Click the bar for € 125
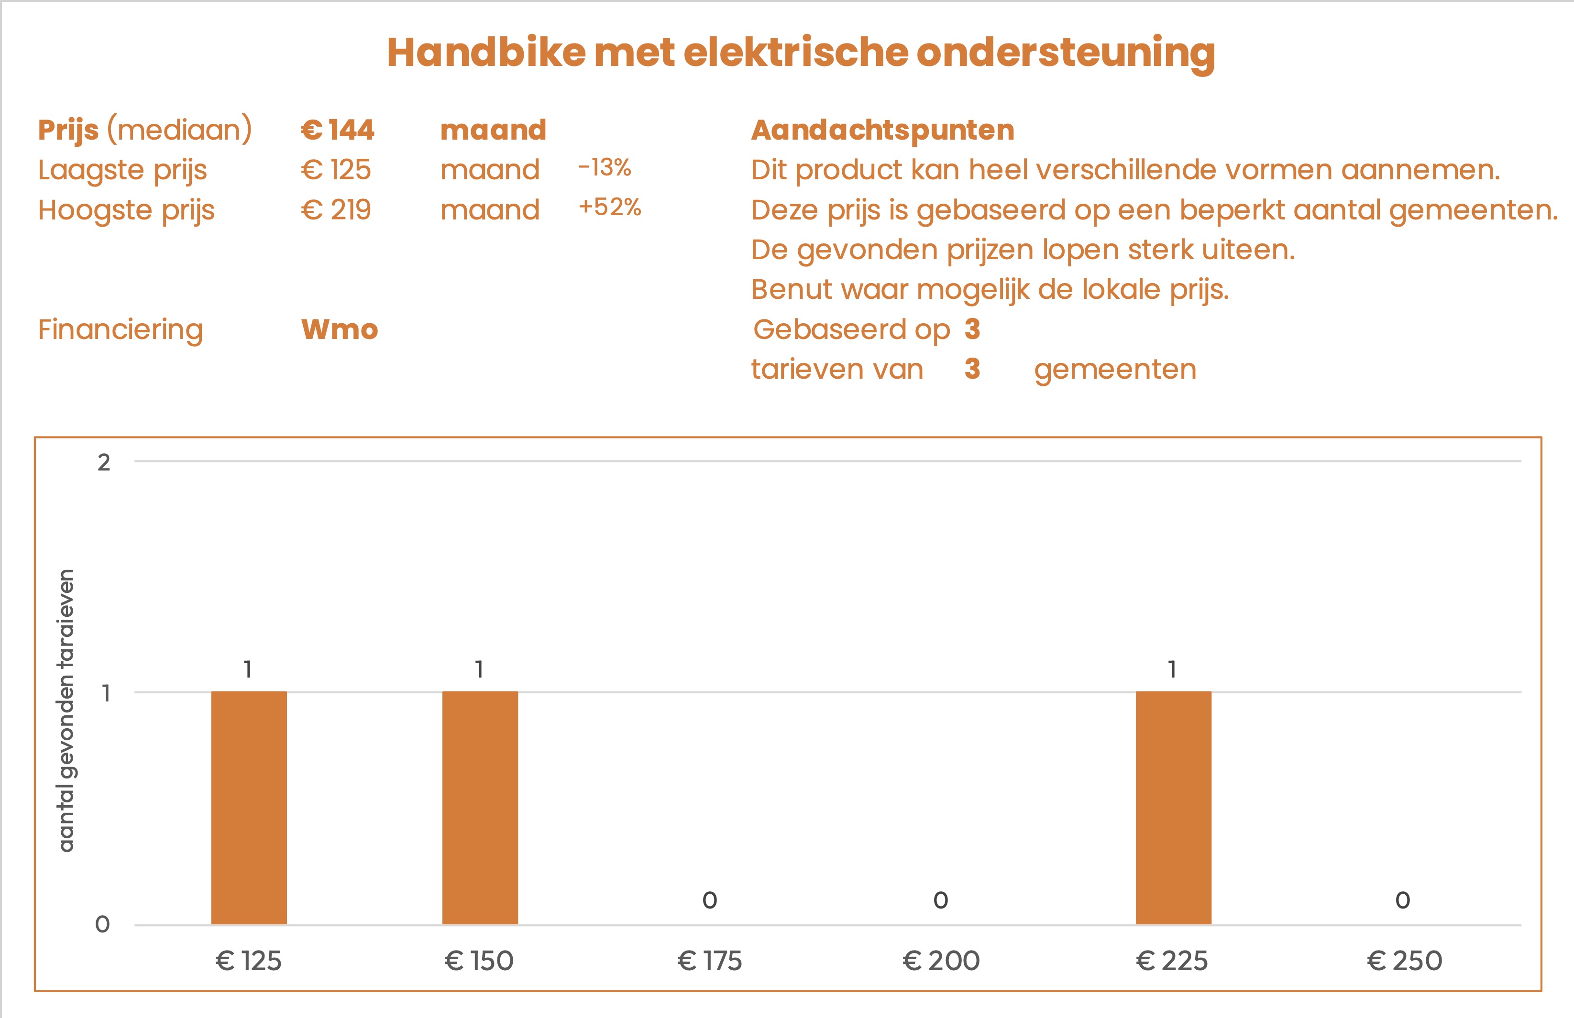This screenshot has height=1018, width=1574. pyautogui.click(x=249, y=807)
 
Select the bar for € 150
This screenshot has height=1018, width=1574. pyautogui.click(x=480, y=807)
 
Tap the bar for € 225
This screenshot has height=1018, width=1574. pyautogui.click(x=1173, y=807)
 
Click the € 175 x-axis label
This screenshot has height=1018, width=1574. pyautogui.click(x=709, y=961)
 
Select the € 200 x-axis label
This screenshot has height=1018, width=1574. pyautogui.click(x=941, y=961)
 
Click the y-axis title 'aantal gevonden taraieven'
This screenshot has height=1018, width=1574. pyautogui.click(x=66, y=711)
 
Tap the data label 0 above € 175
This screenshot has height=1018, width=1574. pyautogui.click(x=709, y=900)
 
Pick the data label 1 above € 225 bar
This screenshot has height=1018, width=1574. pyautogui.click(x=1172, y=669)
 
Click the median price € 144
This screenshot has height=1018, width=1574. pyautogui.click(x=337, y=130)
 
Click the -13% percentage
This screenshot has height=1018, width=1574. pyautogui.click(x=604, y=168)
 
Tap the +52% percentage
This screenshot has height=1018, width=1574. pyautogui.click(x=609, y=207)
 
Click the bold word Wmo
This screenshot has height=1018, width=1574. pyautogui.click(x=339, y=329)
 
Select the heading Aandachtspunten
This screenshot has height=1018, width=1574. pyautogui.click(x=882, y=130)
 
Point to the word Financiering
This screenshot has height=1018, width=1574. pyautogui.click(x=121, y=329)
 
